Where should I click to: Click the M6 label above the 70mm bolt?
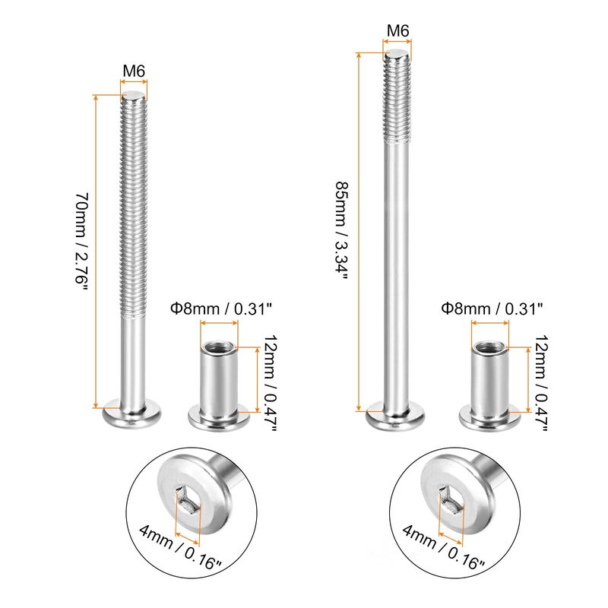134,71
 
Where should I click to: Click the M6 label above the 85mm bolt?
397,30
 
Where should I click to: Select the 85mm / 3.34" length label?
343,230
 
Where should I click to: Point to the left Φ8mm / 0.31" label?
221,309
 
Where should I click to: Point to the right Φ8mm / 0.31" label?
492,309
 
